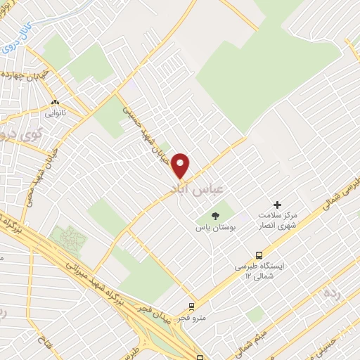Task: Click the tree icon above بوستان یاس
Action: (x=215, y=215)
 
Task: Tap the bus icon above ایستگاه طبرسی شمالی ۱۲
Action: (x=260, y=255)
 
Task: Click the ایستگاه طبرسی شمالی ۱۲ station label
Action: (x=260, y=272)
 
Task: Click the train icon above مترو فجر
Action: (x=191, y=307)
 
